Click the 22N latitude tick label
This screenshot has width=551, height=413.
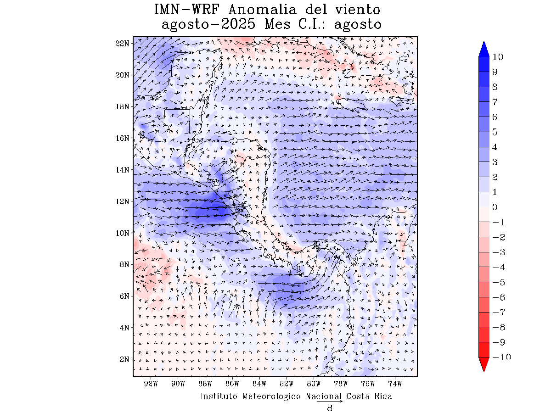pyautogui.click(x=122, y=43)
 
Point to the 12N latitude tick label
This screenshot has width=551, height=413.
pyautogui.click(x=122, y=201)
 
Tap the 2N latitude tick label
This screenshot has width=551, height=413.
pyautogui.click(x=124, y=359)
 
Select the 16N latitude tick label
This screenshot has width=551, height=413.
pyautogui.click(x=122, y=138)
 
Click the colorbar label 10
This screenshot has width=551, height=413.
pyautogui.click(x=497, y=57)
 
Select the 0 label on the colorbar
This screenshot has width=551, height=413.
pyautogui.click(x=495, y=207)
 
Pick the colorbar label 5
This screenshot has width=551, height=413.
pyautogui.click(x=495, y=132)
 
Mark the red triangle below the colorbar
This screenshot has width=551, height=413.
pyautogui.click(x=484, y=364)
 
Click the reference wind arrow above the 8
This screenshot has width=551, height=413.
pyautogui.click(x=330, y=401)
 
